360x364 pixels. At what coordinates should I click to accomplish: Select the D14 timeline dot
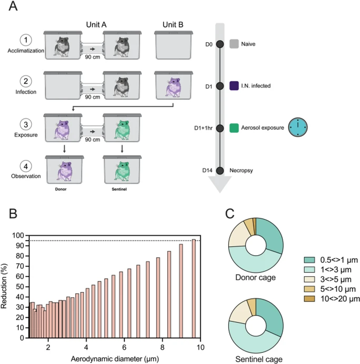tap(219, 170)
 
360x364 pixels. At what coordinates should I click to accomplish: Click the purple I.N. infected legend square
tap(234, 86)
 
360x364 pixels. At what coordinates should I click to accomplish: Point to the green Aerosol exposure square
tap(234, 127)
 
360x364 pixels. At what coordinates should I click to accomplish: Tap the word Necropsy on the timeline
tap(241, 170)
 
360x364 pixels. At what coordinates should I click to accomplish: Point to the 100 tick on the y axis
tap(19, 235)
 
